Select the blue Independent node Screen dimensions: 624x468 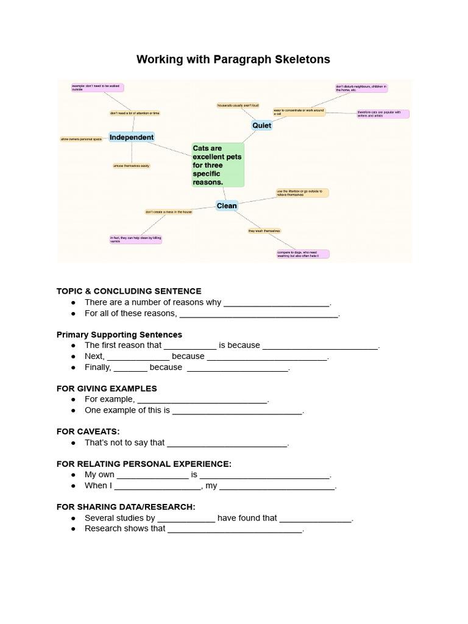132,137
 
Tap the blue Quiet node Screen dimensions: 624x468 261,126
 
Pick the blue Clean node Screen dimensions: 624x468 227,206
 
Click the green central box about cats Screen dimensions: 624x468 218,165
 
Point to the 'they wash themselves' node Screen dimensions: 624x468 264,231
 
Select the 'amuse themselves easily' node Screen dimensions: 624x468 131,166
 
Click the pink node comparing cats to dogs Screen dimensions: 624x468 302,253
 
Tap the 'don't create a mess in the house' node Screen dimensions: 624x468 169,212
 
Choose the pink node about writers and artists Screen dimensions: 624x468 383,114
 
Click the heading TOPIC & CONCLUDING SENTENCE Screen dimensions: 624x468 129,291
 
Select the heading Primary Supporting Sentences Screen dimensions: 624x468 119,335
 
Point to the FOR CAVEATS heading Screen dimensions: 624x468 88,431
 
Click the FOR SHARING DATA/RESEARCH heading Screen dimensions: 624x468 126,506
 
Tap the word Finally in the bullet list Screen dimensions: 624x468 97,367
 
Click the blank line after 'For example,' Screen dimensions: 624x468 202,400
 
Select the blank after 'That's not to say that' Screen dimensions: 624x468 227,444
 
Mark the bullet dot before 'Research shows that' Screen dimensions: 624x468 73,529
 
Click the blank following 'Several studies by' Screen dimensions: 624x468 186,519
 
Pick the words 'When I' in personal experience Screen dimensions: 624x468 98,486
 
